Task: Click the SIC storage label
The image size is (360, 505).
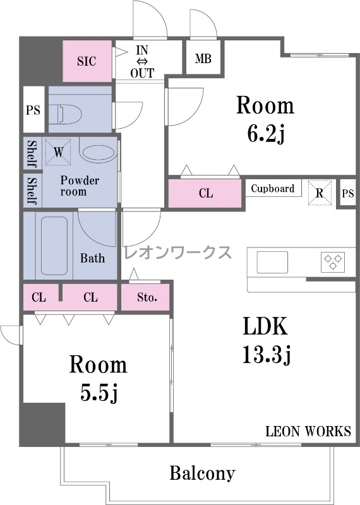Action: click(x=87, y=61)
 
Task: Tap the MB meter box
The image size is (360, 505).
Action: click(x=203, y=59)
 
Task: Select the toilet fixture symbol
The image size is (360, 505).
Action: click(x=70, y=114)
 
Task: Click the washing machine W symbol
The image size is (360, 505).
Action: click(x=58, y=151)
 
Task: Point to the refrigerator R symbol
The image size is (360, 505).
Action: click(x=320, y=193)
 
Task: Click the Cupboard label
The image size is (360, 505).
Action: click(x=273, y=188)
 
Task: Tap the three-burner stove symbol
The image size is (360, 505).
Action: click(x=333, y=261)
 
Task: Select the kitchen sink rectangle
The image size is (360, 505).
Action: click(x=272, y=262)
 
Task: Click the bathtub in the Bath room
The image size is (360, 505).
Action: click(x=54, y=246)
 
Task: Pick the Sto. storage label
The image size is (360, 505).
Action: click(x=147, y=297)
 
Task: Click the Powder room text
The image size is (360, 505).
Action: click(x=80, y=186)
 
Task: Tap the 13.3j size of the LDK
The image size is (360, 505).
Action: click(x=267, y=353)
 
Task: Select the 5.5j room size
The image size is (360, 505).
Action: click(x=99, y=392)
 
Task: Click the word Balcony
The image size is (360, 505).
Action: click(x=202, y=473)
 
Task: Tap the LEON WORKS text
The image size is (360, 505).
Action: click(x=308, y=431)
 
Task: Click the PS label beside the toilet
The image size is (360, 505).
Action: click(x=33, y=110)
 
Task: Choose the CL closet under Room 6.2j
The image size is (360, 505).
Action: click(x=206, y=193)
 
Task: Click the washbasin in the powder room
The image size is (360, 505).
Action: click(x=98, y=153)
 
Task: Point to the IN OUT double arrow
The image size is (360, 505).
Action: click(x=142, y=61)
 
